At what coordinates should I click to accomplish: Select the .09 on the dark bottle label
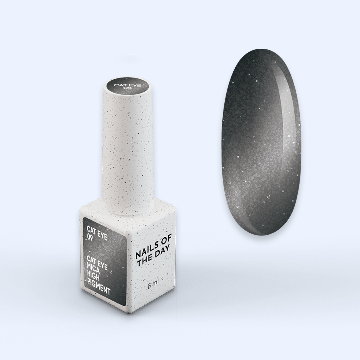click(x=90, y=237)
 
